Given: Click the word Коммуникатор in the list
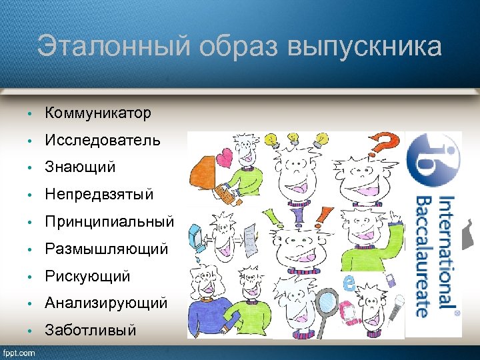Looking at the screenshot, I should pyautogui.click(x=98, y=113).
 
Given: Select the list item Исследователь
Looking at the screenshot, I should pyautogui.click(x=102, y=141).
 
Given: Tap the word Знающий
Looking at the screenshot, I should pyautogui.click(x=80, y=167).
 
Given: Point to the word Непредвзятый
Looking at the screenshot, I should pyautogui.click(x=99, y=195).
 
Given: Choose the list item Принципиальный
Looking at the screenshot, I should pyautogui.click(x=109, y=221).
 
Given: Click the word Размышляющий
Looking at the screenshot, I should pyautogui.click(x=106, y=249).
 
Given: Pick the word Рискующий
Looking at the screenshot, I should pyautogui.click(x=87, y=276).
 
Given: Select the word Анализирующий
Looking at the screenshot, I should pyautogui.click(x=105, y=303).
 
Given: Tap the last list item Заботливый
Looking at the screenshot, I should pyautogui.click(x=91, y=330).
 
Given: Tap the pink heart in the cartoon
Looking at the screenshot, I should pyautogui.click(x=221, y=159).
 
